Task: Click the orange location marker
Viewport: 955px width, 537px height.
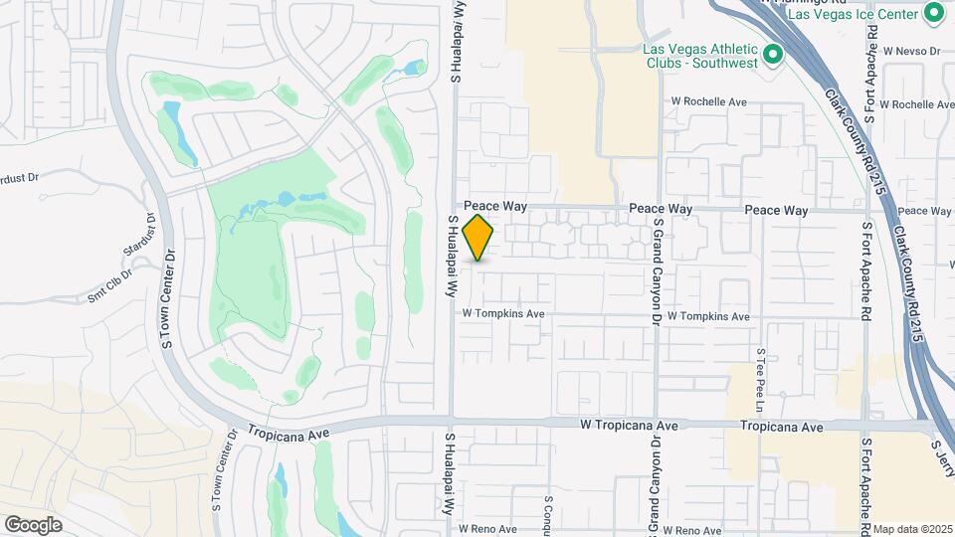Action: point(478,238)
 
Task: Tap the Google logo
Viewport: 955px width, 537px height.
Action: point(33,525)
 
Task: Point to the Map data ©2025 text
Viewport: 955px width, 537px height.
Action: point(912,529)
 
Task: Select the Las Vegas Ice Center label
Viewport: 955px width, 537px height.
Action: point(852,14)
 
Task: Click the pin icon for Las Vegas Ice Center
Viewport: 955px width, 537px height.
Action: point(933,13)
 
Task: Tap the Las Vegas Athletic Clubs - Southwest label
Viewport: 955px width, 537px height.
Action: point(700,55)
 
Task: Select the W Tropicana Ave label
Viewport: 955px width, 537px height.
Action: point(629,426)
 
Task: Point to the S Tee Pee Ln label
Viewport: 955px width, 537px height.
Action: point(760,380)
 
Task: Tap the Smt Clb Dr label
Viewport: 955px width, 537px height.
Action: point(109,284)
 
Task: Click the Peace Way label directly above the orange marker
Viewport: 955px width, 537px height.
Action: point(494,206)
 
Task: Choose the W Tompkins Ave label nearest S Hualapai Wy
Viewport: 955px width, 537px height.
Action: point(503,313)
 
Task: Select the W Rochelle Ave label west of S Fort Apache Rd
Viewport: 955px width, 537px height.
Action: point(708,101)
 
